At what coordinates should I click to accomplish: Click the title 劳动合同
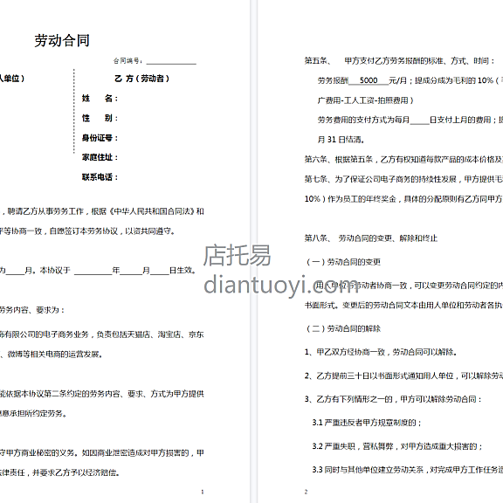click(x=62, y=41)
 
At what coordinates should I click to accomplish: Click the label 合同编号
click(x=127, y=62)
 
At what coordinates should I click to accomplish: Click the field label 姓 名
click(x=100, y=99)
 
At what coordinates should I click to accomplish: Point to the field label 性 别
click(x=100, y=118)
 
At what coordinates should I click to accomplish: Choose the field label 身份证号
click(x=100, y=138)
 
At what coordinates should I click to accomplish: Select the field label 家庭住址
click(x=100, y=157)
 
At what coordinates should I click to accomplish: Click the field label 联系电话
click(x=100, y=177)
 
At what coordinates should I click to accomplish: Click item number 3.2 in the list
click(x=319, y=445)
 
